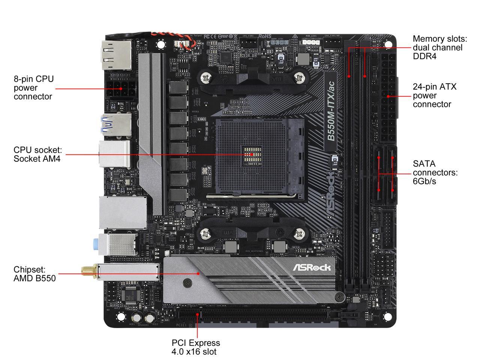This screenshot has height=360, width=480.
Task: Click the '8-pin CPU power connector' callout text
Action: point(34,88)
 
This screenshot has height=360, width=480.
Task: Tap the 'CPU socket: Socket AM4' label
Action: point(37,154)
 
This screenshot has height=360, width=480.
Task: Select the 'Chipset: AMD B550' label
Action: point(34,274)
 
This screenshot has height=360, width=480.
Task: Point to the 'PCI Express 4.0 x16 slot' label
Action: point(196,347)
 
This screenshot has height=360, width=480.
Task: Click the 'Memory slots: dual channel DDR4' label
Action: point(440,48)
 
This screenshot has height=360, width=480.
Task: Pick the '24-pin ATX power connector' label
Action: point(435,95)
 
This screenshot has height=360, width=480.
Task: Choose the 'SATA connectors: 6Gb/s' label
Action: point(435,172)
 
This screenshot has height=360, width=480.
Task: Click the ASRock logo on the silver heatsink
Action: point(312,267)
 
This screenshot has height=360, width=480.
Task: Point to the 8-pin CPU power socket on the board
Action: point(121,89)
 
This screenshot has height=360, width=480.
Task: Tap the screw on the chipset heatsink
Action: point(187,283)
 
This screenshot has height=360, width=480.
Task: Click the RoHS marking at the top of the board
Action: point(265,36)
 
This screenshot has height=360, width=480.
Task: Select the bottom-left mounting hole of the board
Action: point(120,317)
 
